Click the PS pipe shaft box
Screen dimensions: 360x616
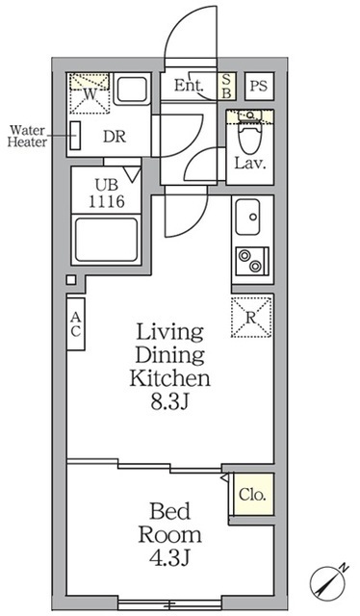(259, 86)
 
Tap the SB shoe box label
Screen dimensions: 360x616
(227, 86)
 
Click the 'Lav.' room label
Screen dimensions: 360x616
(250, 163)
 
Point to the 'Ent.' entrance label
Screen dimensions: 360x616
(189, 86)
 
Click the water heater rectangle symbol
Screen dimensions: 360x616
(75, 136)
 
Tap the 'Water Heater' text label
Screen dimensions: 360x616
(27, 136)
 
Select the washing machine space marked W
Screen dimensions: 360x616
(90, 93)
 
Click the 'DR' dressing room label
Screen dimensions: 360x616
(115, 137)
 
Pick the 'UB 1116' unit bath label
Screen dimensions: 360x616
(107, 193)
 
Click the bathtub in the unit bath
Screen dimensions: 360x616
(107, 240)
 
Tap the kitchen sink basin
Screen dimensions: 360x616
(247, 217)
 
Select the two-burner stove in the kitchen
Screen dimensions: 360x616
(252, 261)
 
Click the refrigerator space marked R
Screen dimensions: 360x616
(251, 317)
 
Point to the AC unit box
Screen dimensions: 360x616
(75, 323)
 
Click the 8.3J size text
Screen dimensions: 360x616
(170, 402)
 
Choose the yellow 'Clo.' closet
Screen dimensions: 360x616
(252, 494)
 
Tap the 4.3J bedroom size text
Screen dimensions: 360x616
(169, 558)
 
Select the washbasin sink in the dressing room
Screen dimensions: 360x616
(132, 90)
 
